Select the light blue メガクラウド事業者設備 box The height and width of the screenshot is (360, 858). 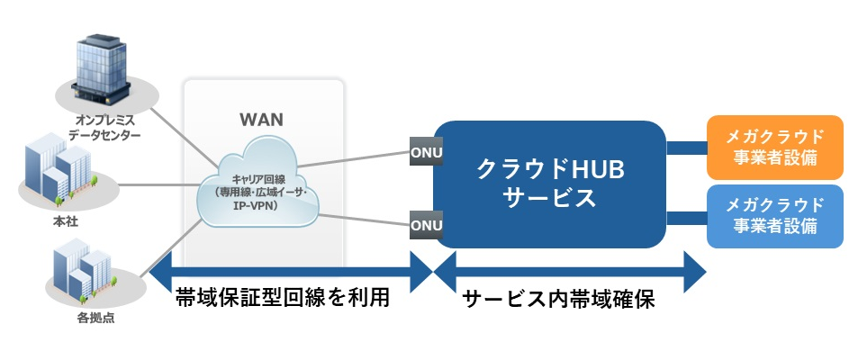(x=775, y=217)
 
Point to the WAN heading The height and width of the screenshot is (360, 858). (x=262, y=119)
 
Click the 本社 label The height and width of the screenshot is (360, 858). (x=59, y=220)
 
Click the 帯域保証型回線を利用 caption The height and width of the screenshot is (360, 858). (x=284, y=299)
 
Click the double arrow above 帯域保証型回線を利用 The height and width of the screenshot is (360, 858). (x=289, y=270)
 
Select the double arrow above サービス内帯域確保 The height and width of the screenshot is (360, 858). (x=568, y=270)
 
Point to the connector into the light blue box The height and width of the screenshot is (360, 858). (x=686, y=216)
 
